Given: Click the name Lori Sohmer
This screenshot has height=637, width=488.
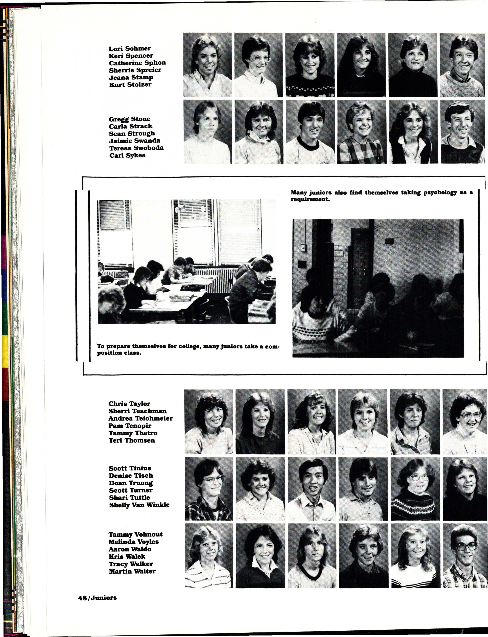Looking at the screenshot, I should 130,49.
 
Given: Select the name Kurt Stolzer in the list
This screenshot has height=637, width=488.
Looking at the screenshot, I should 130,85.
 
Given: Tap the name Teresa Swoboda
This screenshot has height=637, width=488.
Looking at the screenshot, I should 136,148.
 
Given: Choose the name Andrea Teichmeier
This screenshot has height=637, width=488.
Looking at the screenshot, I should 141,418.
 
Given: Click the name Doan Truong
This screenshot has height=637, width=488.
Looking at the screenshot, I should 131,483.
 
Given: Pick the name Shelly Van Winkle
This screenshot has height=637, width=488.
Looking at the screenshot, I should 139,505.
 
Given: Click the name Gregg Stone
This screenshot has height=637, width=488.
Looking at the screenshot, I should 130,119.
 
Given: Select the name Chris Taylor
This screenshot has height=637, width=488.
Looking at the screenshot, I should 129,404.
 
